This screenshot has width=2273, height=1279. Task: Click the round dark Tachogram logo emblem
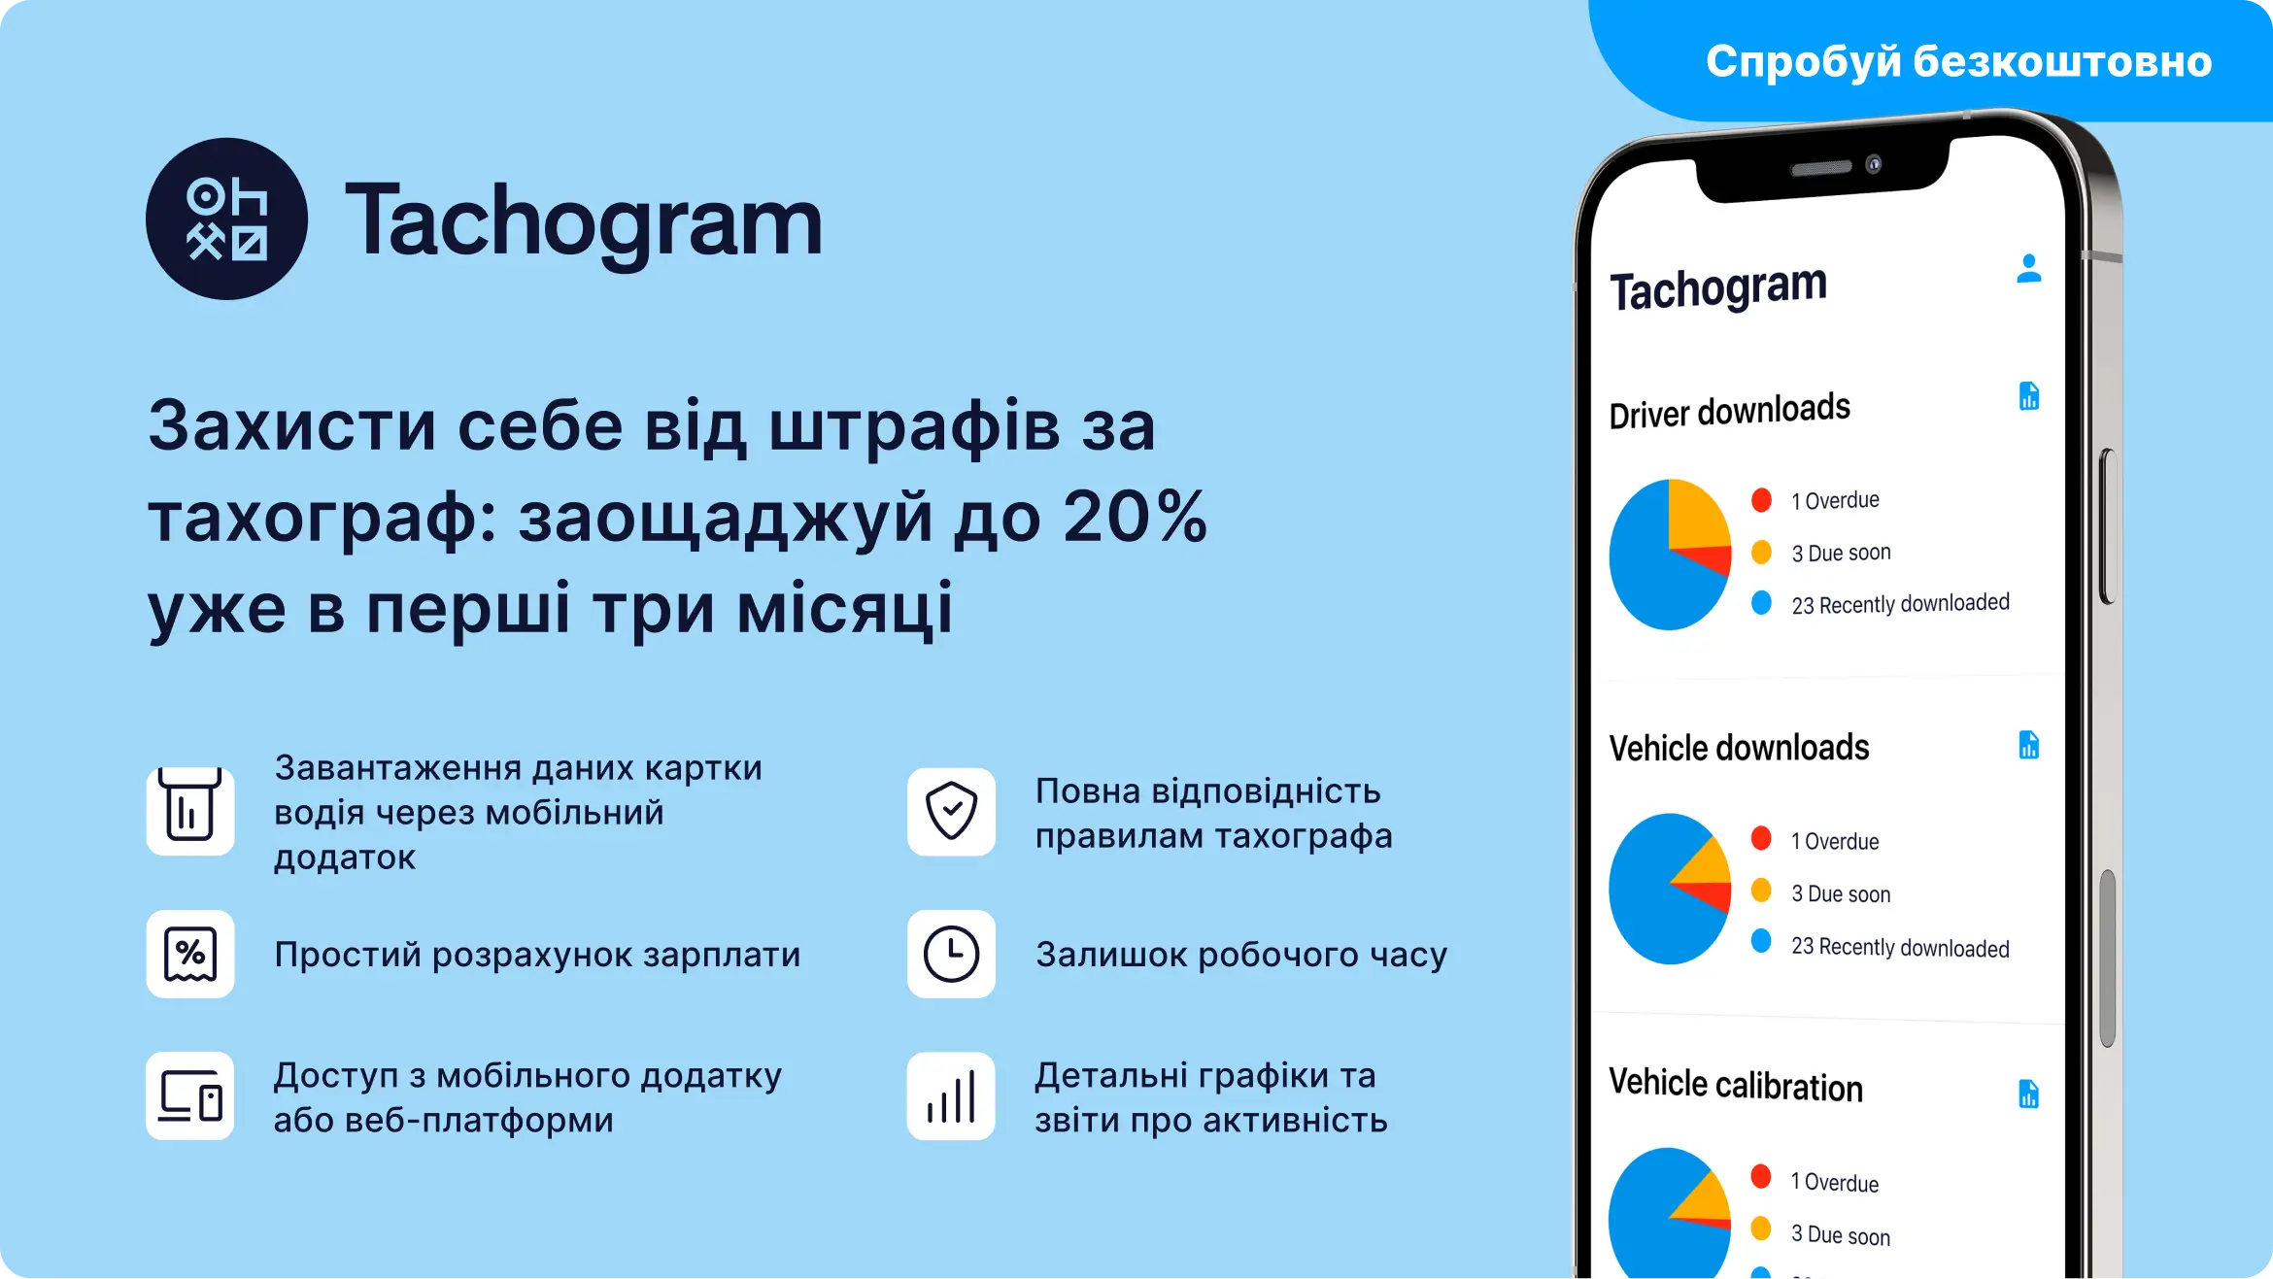click(226, 219)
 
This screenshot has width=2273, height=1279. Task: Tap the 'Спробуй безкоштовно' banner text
click(1958, 61)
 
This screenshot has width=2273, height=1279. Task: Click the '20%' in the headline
click(1135, 516)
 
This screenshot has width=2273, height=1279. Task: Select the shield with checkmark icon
click(951, 811)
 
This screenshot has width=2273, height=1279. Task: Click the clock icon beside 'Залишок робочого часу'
click(951, 954)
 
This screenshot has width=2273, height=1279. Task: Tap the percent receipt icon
click(190, 954)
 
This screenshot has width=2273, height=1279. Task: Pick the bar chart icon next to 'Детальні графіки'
click(951, 1096)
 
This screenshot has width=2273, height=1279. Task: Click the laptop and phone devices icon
click(190, 1096)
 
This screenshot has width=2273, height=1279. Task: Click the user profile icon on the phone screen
click(2028, 269)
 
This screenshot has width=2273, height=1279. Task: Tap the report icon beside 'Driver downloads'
click(2029, 396)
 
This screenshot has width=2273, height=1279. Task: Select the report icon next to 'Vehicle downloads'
click(2029, 745)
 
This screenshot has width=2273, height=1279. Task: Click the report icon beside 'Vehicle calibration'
click(2028, 1094)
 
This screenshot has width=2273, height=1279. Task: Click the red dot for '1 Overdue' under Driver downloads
click(1761, 500)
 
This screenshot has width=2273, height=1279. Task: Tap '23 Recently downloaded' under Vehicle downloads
click(1899, 947)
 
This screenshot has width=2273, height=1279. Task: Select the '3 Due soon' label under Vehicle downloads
click(1840, 893)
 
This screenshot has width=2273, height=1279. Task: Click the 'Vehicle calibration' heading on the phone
click(1736, 1085)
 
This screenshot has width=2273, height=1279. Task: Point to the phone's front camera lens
click(1874, 164)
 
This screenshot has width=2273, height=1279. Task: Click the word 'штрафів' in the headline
click(913, 426)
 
